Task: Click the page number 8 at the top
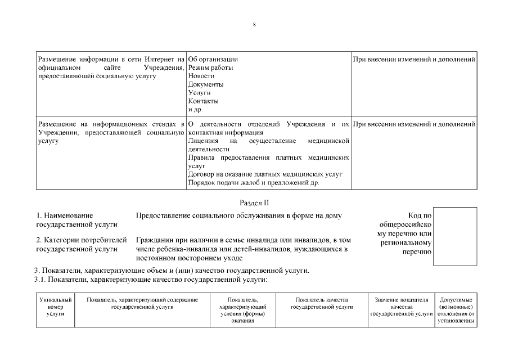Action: [x=254, y=25]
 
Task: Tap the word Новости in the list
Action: [x=201, y=76]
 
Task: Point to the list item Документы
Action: [x=206, y=84]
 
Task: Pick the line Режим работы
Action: [x=210, y=67]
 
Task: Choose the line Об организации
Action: [x=213, y=59]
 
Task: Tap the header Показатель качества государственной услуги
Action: [x=322, y=303]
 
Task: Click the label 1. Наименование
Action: [x=65, y=215]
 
